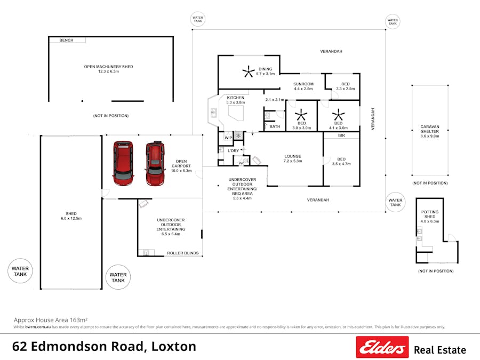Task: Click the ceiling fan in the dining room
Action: coord(248,70)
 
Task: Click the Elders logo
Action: coord(382,347)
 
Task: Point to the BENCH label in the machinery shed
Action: coord(66,40)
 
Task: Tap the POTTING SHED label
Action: coord(429,214)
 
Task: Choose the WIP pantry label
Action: coord(228,138)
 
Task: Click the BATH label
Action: coord(275,126)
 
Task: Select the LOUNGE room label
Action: coord(292,156)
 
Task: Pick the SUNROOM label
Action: coord(303,84)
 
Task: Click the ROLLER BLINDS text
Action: coord(182,253)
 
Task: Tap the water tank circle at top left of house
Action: coord(198,20)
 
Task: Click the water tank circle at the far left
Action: coord(21,271)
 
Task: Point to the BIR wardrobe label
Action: coord(341,136)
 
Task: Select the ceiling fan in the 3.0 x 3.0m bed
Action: coord(301,115)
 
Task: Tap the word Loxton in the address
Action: coord(174,346)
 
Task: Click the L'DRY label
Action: coord(233,151)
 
